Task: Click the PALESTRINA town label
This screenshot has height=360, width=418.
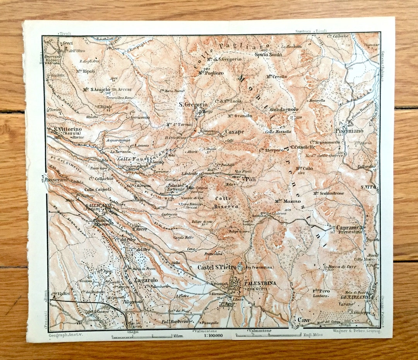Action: pos(260,283)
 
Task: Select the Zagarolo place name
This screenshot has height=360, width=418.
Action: pos(144,280)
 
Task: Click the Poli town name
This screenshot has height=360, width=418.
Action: pos(250,179)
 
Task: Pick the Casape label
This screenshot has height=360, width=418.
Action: pos(235,132)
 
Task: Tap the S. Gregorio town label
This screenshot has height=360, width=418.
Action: pos(193,105)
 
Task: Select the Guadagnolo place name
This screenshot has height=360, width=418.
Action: pos(284,110)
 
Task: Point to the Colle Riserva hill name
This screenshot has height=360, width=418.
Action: pos(226,202)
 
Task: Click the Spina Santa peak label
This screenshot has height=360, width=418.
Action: pos(268,55)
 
